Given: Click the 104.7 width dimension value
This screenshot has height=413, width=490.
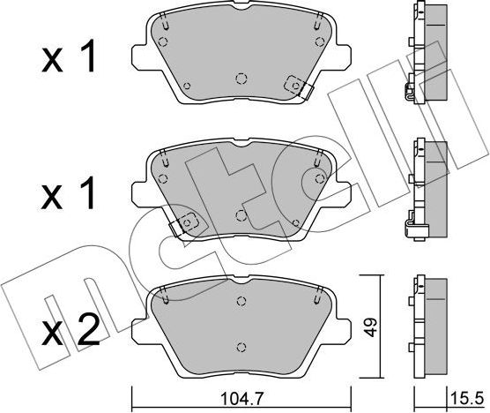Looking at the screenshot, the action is [242, 398].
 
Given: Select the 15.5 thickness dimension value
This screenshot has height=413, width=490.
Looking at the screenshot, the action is [467, 398].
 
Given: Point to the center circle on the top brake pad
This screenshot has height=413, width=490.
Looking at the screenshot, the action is [241, 79].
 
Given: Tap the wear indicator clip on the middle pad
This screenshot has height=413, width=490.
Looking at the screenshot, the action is [183, 223].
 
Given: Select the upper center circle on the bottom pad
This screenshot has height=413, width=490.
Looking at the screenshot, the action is [241, 301].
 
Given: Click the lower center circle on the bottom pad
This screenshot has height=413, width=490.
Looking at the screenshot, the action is [241, 347].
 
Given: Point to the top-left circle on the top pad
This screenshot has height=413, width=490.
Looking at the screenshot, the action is [163, 41].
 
